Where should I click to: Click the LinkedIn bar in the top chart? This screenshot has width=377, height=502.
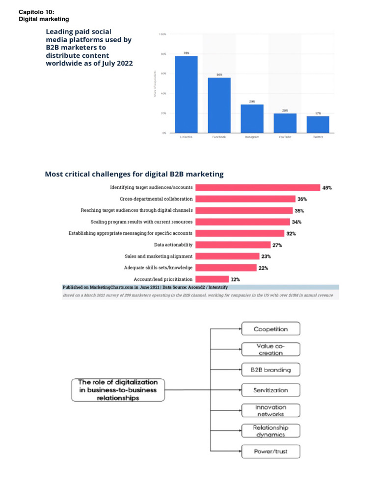(186, 94)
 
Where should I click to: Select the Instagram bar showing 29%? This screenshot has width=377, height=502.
(252, 118)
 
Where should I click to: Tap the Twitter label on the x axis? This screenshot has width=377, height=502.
(318, 137)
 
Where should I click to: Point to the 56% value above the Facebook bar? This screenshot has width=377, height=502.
(219, 75)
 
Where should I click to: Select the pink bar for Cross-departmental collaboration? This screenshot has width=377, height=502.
(244, 199)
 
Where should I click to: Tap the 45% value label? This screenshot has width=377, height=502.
(327, 188)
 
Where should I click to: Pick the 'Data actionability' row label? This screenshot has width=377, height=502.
(173, 245)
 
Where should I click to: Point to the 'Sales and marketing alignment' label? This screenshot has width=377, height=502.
(159, 256)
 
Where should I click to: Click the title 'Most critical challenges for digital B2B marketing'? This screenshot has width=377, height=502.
(134, 174)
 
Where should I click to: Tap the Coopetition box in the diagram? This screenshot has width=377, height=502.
(270, 329)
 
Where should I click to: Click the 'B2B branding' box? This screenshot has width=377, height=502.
(270, 370)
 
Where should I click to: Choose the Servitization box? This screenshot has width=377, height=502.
(270, 390)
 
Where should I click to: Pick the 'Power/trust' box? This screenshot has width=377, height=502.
(270, 451)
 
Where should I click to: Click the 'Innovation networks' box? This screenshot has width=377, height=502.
(270, 410)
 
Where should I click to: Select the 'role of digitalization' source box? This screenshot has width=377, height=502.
(118, 390)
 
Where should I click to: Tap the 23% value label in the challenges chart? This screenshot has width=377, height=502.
(266, 256)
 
